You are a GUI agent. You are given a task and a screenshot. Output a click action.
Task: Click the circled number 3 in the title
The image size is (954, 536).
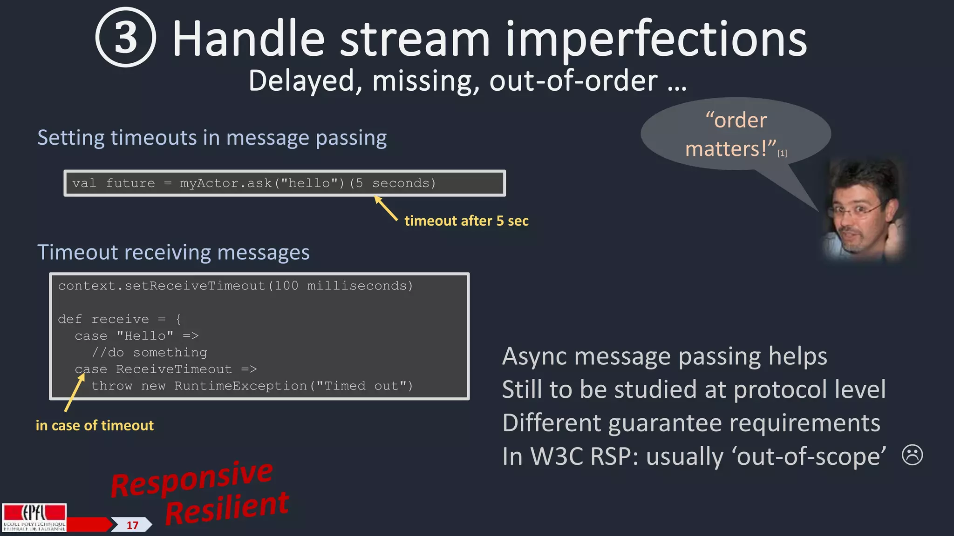tap(125, 37)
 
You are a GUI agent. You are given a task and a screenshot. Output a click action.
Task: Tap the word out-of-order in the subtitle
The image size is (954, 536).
tap(573, 81)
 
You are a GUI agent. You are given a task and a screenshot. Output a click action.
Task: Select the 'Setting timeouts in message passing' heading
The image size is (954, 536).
tap(212, 138)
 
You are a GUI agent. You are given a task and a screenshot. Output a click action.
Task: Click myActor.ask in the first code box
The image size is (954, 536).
tap(226, 183)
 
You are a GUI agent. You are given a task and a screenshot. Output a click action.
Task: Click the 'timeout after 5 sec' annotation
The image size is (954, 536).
tap(466, 221)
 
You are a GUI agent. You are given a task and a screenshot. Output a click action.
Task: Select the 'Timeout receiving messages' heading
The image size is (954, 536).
tap(173, 252)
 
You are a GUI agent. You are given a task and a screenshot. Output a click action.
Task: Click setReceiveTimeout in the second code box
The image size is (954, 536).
tap(195, 286)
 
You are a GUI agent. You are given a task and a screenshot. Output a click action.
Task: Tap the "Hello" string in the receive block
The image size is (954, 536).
tap(145, 336)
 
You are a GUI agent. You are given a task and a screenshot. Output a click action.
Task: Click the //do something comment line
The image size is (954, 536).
tap(149, 353)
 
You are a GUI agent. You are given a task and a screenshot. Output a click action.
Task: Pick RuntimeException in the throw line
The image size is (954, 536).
tap(240, 386)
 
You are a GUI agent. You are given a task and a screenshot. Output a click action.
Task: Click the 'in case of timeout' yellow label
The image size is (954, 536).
tap(95, 425)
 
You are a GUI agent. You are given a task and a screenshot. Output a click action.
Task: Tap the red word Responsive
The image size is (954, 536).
tap(191, 479)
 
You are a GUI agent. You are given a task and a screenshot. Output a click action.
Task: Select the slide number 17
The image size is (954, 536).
tap(132, 525)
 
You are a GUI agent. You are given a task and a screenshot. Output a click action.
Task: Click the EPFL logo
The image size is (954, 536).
tap(34, 517)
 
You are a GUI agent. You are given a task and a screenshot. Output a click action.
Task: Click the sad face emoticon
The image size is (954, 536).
tap(912, 455)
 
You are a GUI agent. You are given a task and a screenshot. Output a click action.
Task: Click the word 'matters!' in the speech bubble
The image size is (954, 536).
tap(730, 149)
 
